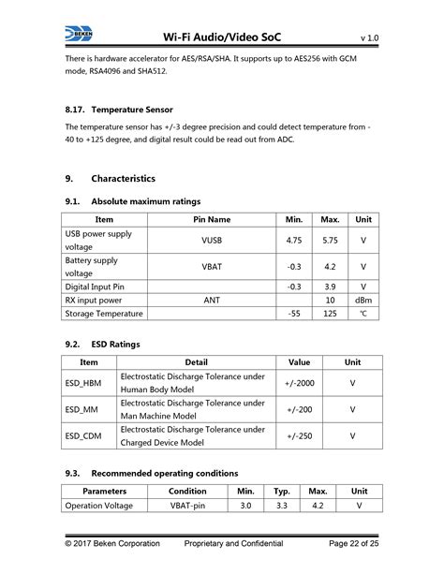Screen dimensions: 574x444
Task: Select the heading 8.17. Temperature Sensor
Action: point(119,110)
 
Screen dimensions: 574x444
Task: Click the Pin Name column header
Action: point(212,219)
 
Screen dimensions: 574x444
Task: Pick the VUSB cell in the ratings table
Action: point(212,241)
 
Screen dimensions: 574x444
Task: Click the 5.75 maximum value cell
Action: point(329,241)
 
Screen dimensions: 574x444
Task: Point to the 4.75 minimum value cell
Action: point(294,241)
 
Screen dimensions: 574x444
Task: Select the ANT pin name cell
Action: point(212,301)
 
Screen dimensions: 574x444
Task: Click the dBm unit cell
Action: point(363,301)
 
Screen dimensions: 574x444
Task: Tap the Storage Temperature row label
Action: point(103,315)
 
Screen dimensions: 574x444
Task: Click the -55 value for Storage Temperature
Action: point(294,315)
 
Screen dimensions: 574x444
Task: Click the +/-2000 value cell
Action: point(299,383)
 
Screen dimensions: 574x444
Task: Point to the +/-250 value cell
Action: point(299,435)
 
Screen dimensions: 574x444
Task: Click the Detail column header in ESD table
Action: point(197,361)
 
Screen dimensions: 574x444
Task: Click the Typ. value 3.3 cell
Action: point(282,506)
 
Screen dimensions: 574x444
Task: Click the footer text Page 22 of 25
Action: point(348,544)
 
